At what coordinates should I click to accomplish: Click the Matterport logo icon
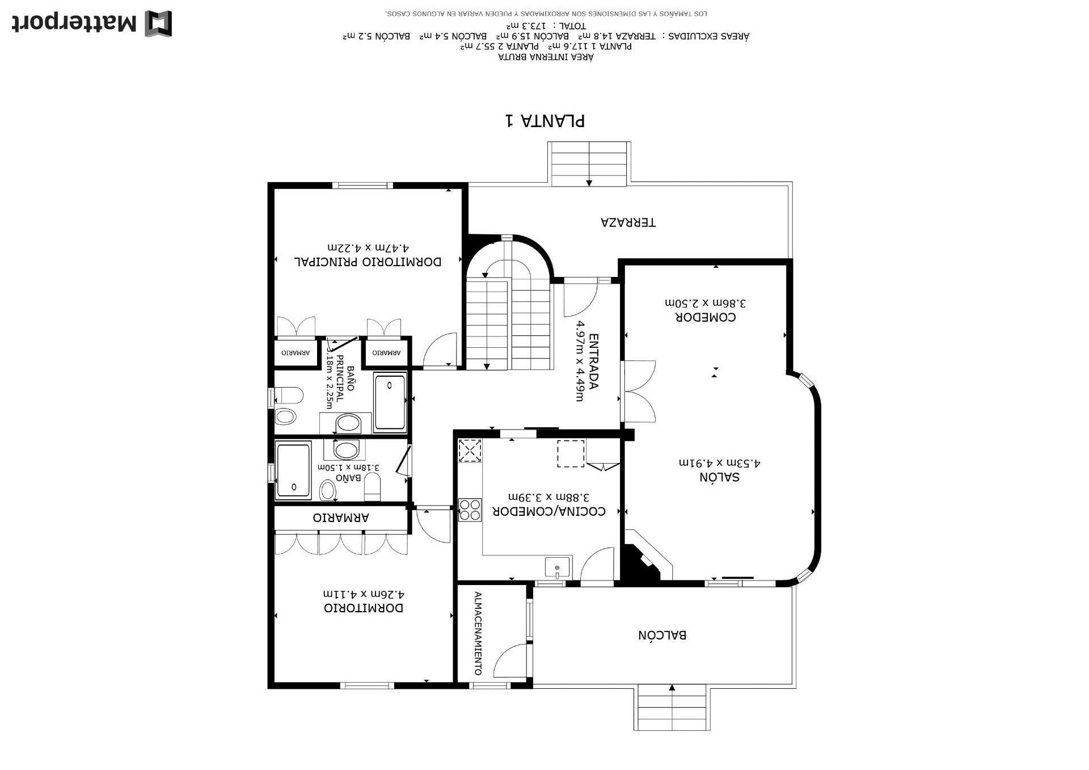[158, 24]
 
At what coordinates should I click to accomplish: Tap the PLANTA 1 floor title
[545, 120]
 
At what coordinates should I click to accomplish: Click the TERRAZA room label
[628, 222]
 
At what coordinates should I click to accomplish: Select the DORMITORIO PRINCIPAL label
[368, 262]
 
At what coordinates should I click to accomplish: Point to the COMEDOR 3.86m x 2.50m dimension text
[706, 303]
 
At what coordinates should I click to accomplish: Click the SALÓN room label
[719, 477]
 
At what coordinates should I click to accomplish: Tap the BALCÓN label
[662, 635]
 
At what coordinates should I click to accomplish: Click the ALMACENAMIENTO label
[478, 633]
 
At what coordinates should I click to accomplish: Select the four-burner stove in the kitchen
[470, 509]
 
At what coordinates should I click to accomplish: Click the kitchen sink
[558, 567]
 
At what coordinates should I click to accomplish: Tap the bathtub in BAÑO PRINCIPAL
[390, 401]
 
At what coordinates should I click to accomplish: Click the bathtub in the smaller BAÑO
[293, 470]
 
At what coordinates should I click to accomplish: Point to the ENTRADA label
[594, 361]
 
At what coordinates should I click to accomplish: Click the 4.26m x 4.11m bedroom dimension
[364, 594]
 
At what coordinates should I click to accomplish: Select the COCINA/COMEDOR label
[548, 511]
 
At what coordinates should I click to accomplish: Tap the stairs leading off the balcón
[672, 707]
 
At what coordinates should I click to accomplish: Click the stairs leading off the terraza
[589, 163]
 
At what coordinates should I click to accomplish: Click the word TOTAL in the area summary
[573, 26]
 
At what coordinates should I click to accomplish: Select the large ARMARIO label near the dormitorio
[341, 518]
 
